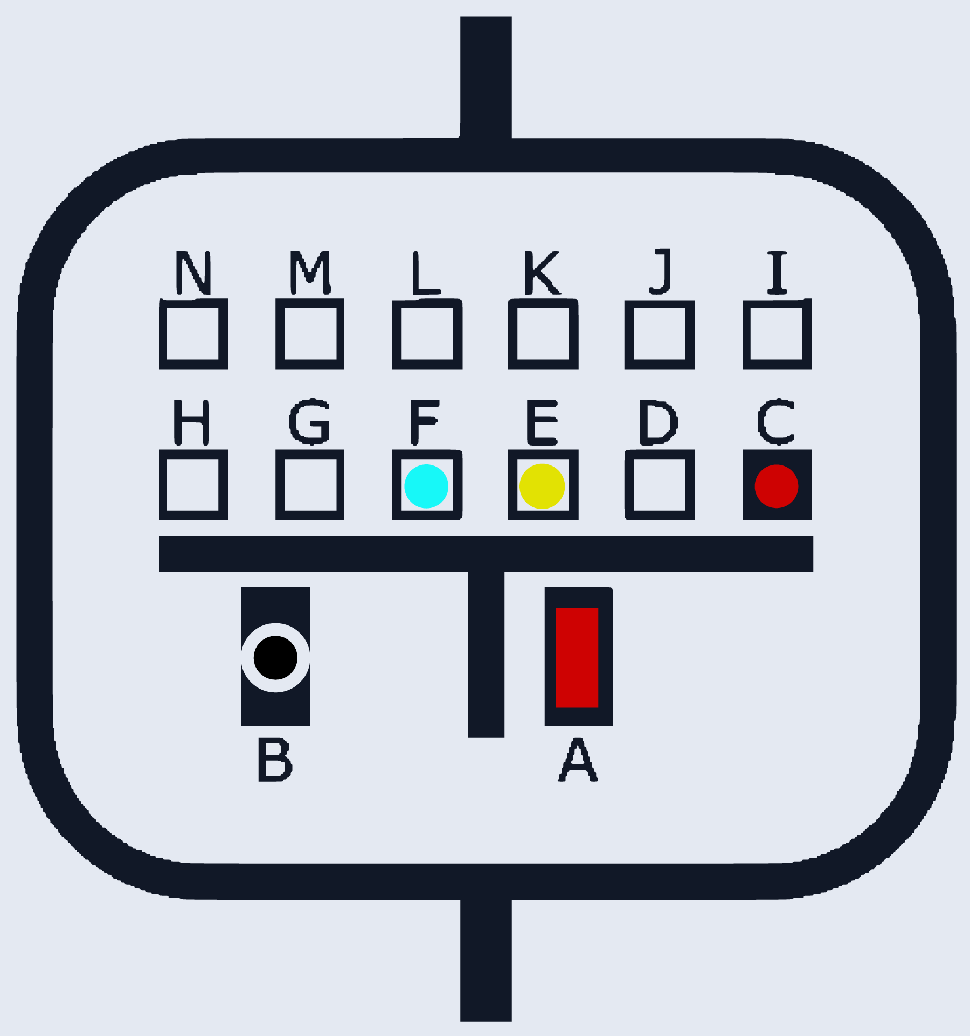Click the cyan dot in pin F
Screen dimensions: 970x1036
426,486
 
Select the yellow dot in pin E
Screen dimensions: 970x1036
542,486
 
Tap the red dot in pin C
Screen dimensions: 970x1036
777,486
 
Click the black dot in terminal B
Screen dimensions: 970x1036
275,657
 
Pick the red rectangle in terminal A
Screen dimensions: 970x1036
577,657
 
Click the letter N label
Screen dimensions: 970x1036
193,273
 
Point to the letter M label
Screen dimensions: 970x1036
310,273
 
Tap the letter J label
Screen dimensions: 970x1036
661,272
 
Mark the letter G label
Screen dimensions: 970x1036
309,422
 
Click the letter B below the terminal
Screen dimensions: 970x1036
275,759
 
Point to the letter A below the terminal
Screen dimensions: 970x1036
578,759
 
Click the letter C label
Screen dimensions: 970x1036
776,422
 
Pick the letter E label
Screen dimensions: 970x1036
542,422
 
